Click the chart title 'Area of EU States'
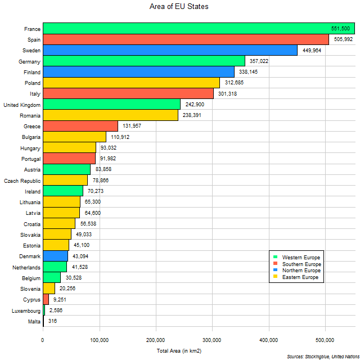point(180,7)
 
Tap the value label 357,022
point(260,61)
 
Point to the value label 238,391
point(193,115)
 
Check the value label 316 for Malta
point(52,321)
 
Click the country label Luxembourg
point(25,310)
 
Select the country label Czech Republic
point(22,181)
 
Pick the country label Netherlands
point(25,267)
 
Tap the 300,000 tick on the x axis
point(212,340)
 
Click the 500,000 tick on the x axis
point(325,340)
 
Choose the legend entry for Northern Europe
point(301,271)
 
